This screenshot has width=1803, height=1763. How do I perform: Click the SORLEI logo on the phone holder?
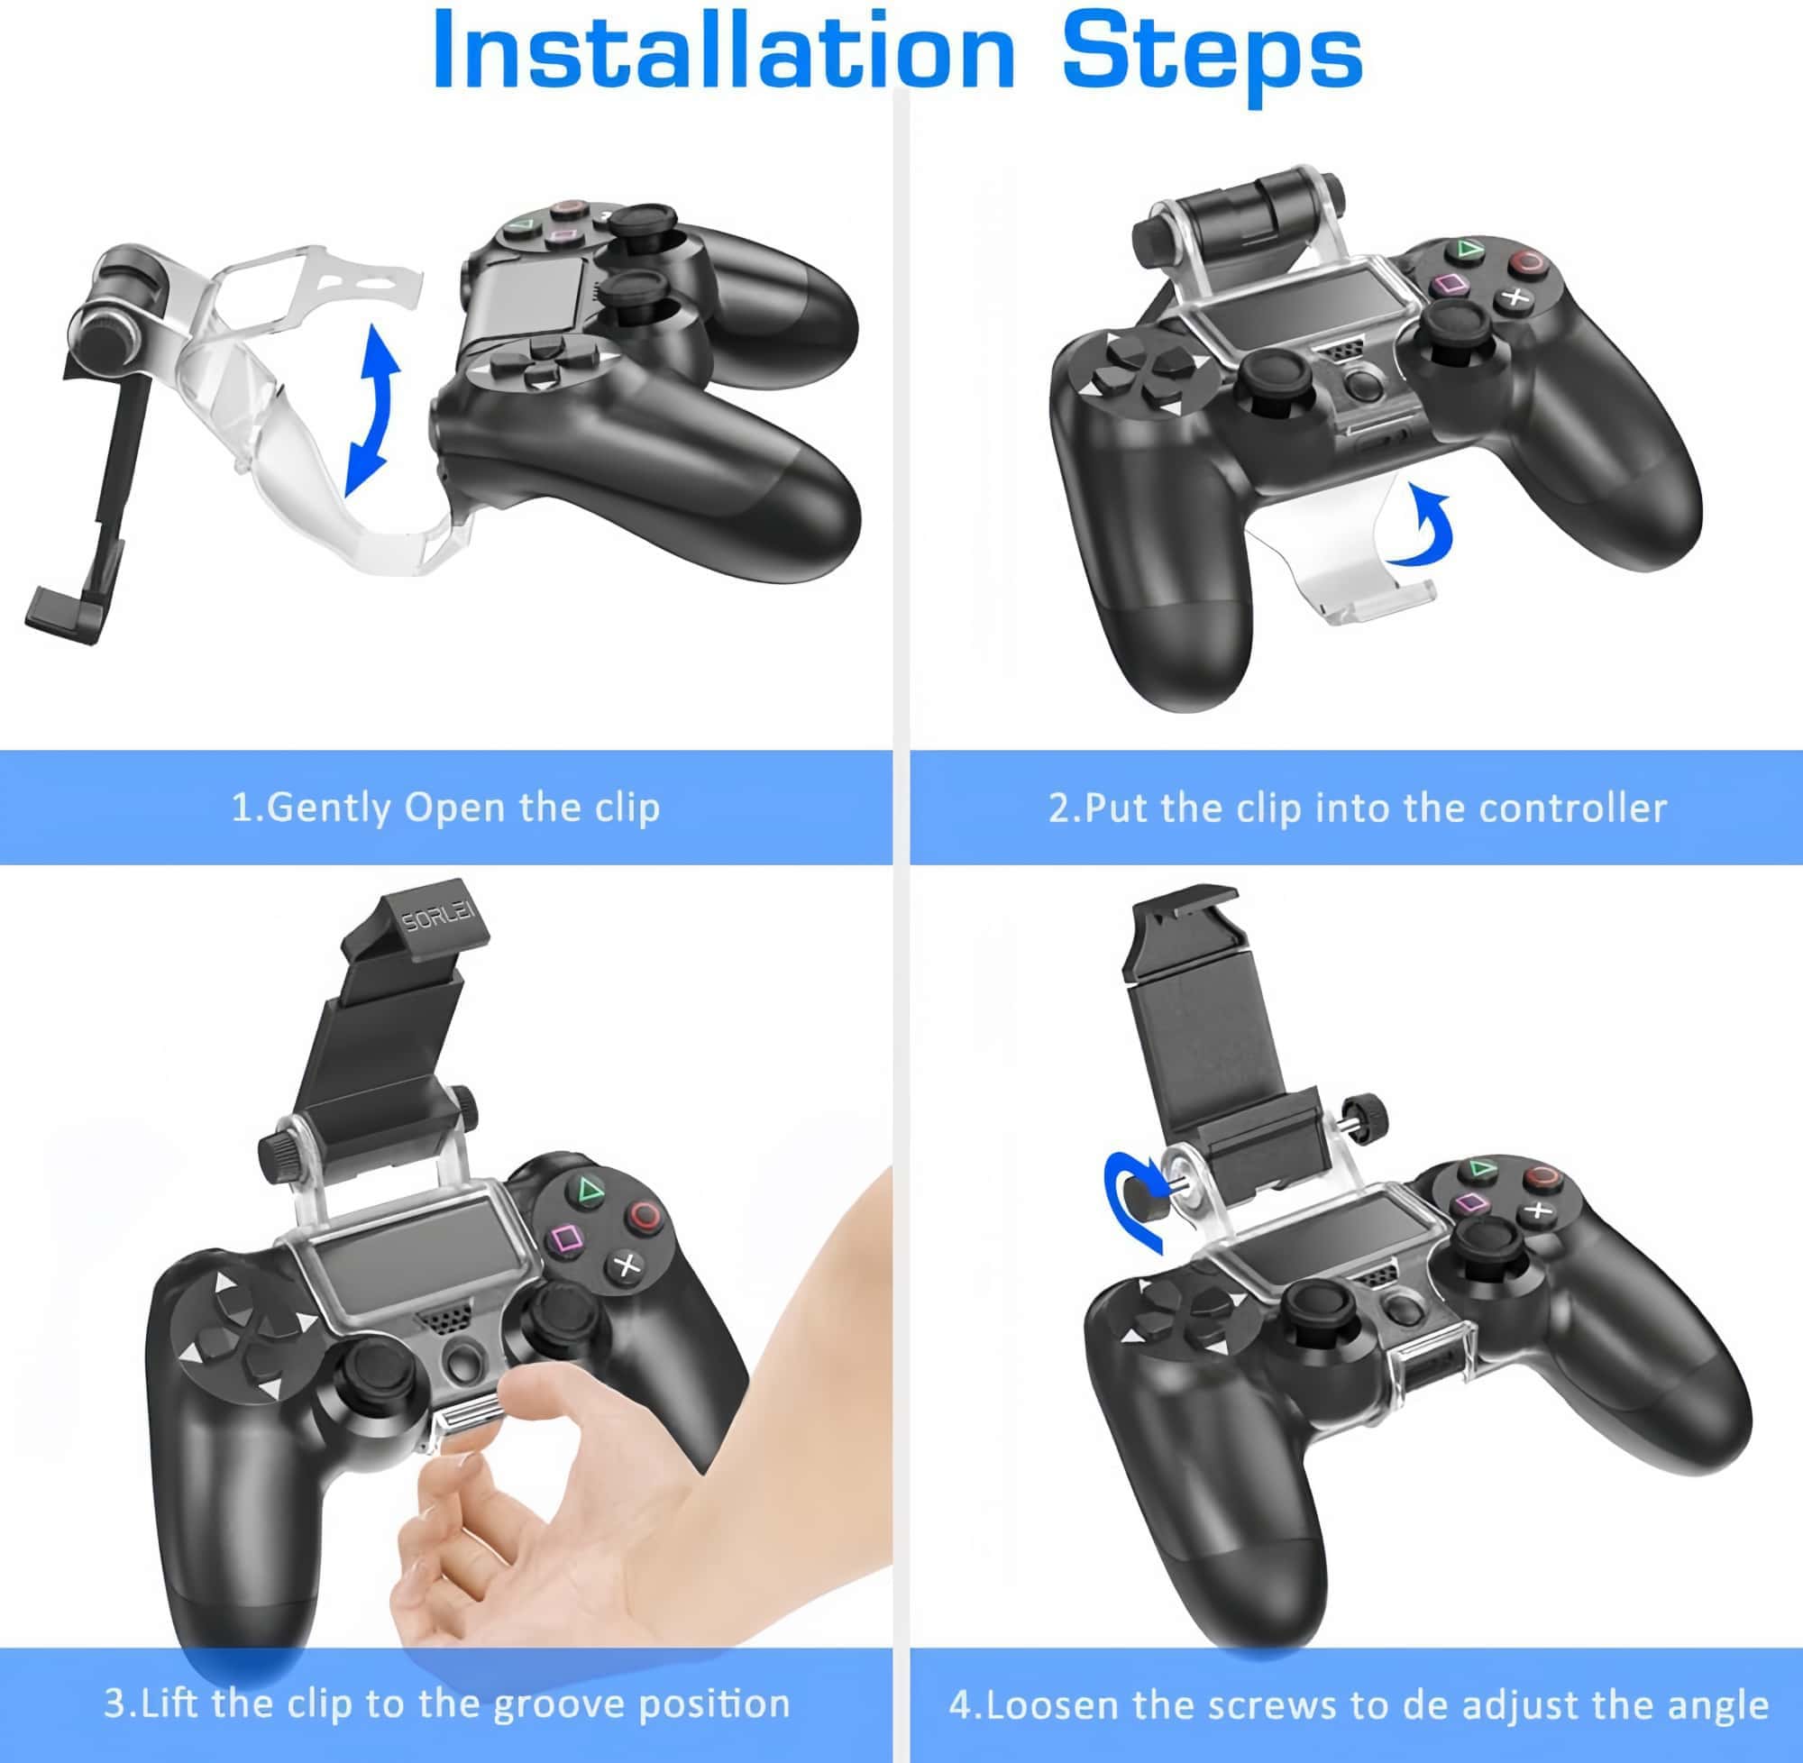tap(437, 918)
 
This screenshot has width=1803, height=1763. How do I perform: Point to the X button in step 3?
tap(627, 1264)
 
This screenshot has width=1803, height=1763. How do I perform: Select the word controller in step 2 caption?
tap(1572, 808)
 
